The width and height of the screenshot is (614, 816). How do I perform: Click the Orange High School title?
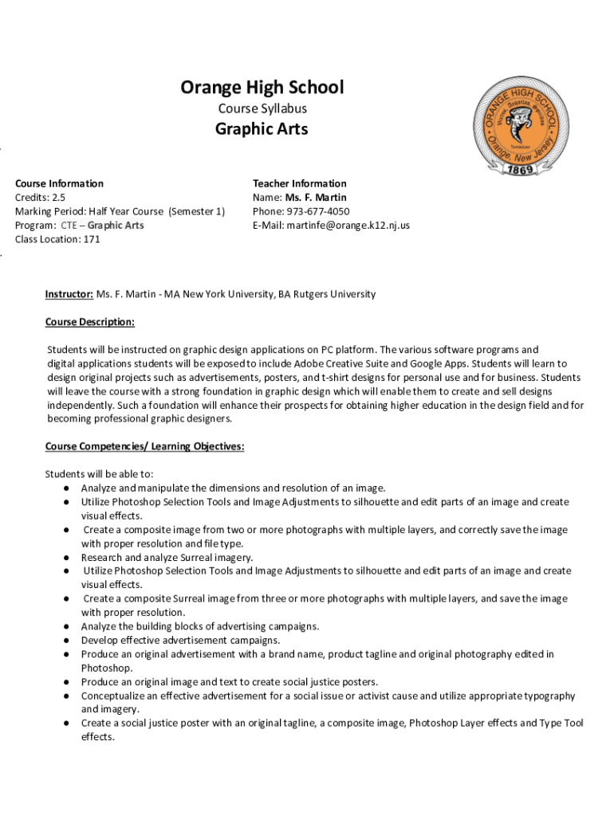(x=262, y=87)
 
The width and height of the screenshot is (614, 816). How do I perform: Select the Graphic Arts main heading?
(x=262, y=129)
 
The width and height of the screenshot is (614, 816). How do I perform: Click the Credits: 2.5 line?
(x=41, y=198)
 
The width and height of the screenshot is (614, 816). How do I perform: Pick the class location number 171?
(x=92, y=239)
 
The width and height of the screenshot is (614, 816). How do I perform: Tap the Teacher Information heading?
(x=299, y=183)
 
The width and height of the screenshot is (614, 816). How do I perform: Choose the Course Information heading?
(x=59, y=183)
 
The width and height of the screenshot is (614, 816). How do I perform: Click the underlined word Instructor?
(x=69, y=294)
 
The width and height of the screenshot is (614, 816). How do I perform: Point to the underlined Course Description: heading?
(x=90, y=322)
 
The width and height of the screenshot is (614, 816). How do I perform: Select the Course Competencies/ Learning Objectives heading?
(x=144, y=446)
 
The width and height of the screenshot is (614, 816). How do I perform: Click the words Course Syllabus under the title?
(x=262, y=108)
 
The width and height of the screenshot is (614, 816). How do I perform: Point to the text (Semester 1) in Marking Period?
(x=196, y=211)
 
